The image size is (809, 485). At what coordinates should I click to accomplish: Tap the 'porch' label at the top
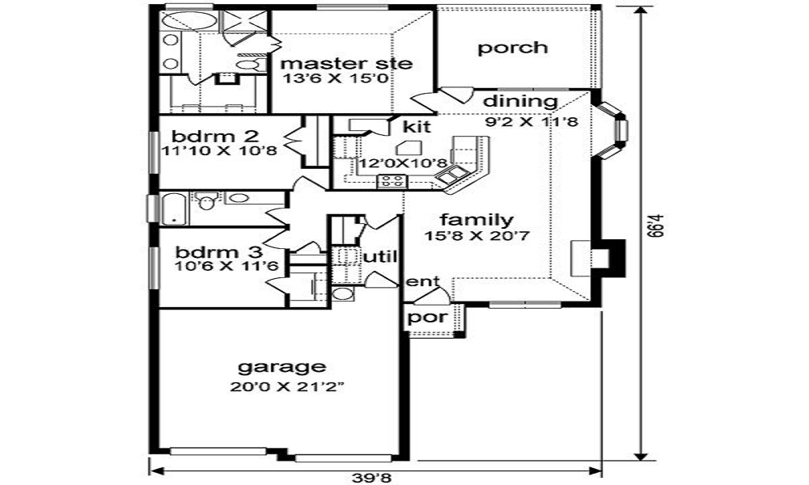coord(512,48)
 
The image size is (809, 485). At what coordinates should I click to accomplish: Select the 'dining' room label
coord(520,102)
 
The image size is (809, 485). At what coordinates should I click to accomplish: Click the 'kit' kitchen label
coord(416,127)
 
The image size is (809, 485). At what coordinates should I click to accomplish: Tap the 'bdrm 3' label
coord(208,250)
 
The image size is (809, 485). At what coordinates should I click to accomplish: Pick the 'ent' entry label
coord(422,281)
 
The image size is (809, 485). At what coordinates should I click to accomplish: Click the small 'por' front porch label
coord(426,317)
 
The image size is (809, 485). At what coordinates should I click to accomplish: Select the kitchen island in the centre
coord(409,147)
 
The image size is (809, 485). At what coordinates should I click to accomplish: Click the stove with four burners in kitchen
coord(392,181)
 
